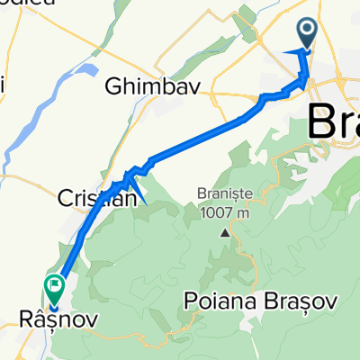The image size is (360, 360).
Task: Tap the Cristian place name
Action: click(94, 196)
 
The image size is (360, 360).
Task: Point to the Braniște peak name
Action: click(225, 193)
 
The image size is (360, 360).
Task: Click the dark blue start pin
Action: click(307, 34)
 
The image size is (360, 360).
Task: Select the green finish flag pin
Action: click(55, 288)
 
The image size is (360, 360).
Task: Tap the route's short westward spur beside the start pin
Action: click(292, 53)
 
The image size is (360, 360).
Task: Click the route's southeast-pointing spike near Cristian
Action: click(142, 200)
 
